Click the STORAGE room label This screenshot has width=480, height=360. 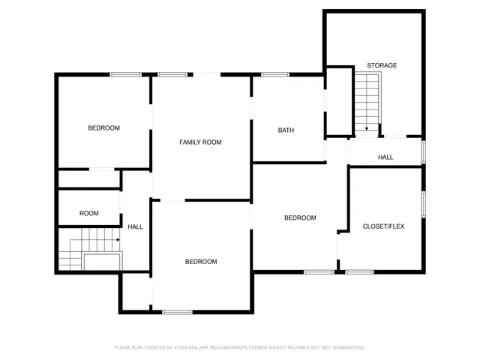coord(382,65)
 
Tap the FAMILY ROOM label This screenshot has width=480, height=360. coord(200,142)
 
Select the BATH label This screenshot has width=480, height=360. coord(286,130)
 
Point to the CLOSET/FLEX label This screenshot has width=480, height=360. coord(383,226)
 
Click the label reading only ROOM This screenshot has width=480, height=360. coord(89,213)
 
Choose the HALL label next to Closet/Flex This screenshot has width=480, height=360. coord(385,157)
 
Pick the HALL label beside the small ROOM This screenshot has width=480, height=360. coord(135,226)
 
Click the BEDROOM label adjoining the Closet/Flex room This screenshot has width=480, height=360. coord(300,217)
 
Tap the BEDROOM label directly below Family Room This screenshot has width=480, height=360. coord(201,261)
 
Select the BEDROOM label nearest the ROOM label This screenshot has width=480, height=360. coord(103,127)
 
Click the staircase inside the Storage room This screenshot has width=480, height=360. coord(367,101)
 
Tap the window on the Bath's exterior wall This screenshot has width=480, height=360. coord(275,74)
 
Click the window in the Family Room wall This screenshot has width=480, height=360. coord(172,74)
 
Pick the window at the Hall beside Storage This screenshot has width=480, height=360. coord(424,151)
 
